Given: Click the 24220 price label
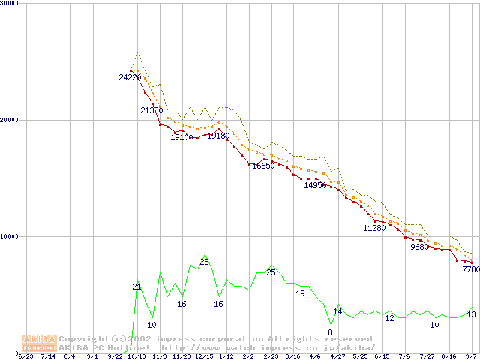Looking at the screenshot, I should (129, 77).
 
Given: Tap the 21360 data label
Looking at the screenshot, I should (151, 110).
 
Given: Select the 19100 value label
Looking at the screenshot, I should (181, 137).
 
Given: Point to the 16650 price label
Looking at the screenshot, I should (264, 166).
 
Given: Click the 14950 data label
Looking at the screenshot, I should (315, 185).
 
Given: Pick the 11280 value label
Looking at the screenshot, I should (374, 227).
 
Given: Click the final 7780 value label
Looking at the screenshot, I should (471, 269).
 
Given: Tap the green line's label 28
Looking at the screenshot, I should (204, 262).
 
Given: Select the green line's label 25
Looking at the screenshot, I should (271, 272).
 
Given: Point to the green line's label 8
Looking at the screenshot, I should (330, 332).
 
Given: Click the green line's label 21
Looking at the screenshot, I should (136, 286).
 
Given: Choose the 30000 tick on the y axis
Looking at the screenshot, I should (10, 4).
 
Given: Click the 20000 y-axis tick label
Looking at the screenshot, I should (10, 120).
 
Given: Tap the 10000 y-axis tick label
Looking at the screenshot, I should (10, 236).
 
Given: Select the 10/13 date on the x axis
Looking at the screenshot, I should (136, 356).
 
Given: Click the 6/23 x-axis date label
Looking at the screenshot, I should (25, 356).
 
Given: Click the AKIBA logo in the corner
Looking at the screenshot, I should (40, 342).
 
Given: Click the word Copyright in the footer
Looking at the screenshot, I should (83, 338).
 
